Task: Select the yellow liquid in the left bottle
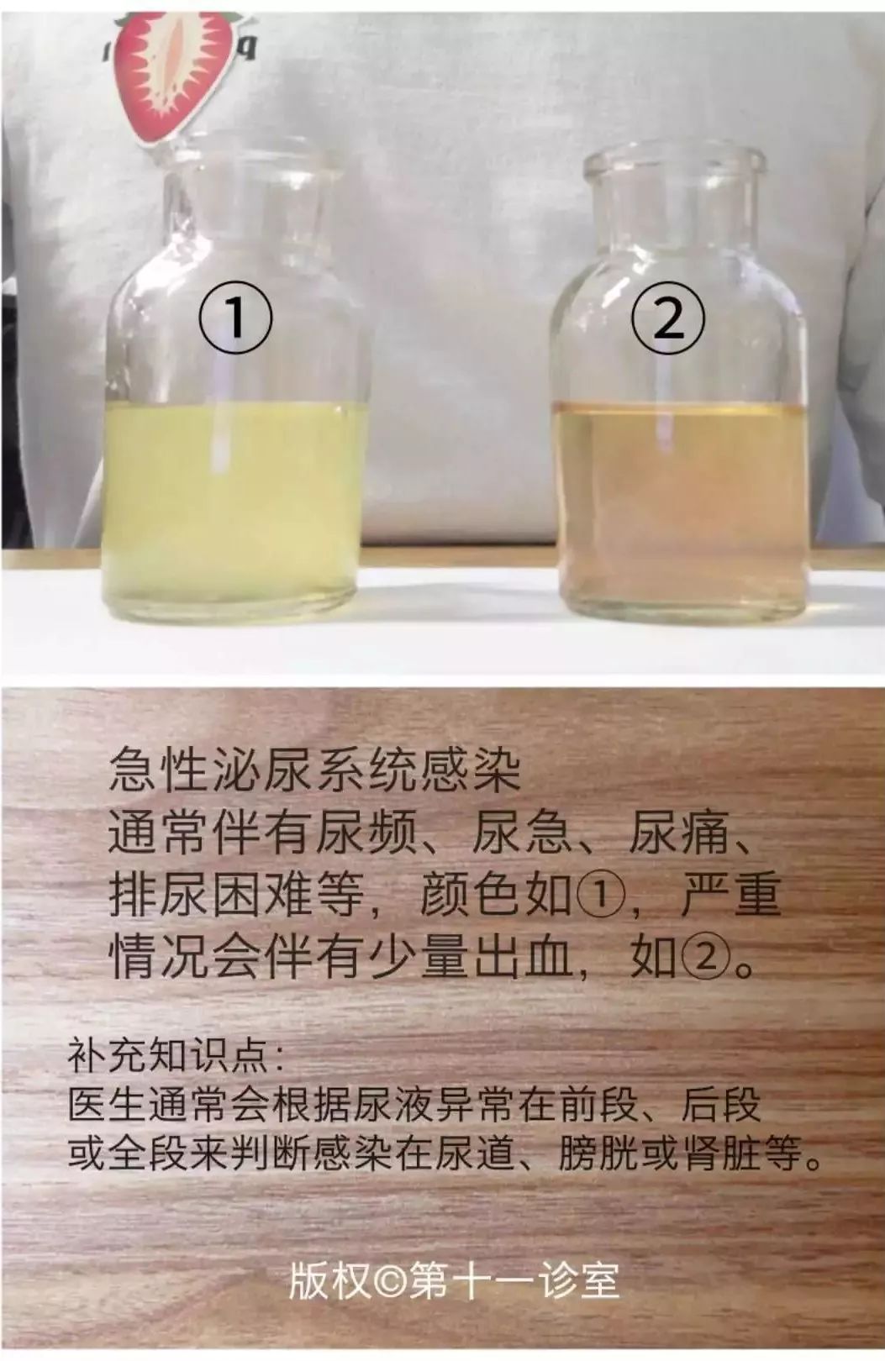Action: [x=233, y=504]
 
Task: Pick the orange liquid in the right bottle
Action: [x=682, y=504]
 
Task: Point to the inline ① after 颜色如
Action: [x=598, y=896]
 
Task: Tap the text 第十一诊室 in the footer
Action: [x=514, y=1281]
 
